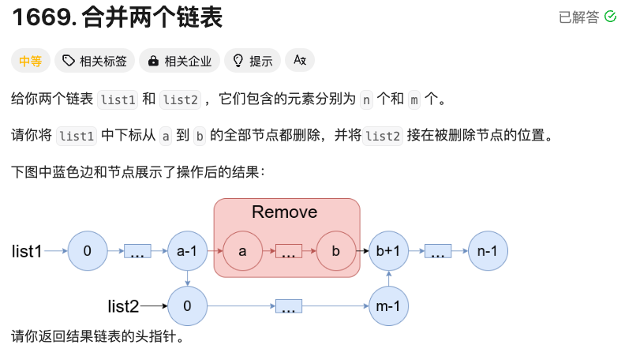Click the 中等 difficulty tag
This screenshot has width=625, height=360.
click(31, 61)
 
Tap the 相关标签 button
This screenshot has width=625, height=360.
click(95, 61)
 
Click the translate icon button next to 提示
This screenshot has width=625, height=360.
click(300, 61)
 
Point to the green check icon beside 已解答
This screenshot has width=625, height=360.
click(610, 17)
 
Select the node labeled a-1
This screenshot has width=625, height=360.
click(187, 252)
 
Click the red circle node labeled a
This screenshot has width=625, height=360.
click(242, 252)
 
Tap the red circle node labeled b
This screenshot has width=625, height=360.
click(335, 252)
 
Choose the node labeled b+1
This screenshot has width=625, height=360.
click(388, 252)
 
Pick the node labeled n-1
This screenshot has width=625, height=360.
click(488, 252)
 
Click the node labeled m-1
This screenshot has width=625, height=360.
click(388, 306)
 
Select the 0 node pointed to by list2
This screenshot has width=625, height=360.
click(187, 306)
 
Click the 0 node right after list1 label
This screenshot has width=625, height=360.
click(88, 252)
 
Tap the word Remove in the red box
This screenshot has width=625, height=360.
click(284, 212)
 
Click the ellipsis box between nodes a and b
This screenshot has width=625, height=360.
click(289, 253)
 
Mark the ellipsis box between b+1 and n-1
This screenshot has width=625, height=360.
click(438, 253)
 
